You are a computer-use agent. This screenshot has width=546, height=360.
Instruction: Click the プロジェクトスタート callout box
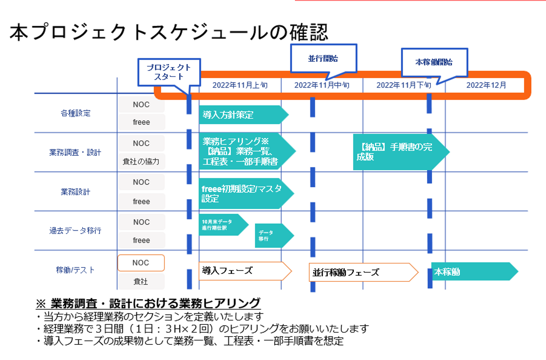[169, 72]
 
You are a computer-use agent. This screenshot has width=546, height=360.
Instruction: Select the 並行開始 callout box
[323, 58]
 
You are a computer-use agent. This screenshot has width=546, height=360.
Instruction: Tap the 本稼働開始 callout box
[434, 62]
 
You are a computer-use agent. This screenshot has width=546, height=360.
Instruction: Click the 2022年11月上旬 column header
[240, 85]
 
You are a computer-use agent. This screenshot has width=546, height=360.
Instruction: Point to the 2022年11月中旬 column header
[322, 85]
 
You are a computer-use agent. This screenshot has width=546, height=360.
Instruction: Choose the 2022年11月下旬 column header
[404, 85]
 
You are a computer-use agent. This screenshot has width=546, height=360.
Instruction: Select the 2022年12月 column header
[486, 85]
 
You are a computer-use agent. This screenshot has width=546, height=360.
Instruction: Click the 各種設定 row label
[75, 113]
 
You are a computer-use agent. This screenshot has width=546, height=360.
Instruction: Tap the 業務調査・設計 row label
[75, 152]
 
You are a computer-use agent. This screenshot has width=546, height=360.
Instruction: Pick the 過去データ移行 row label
[75, 231]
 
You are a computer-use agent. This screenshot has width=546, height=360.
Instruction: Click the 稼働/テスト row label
[75, 270]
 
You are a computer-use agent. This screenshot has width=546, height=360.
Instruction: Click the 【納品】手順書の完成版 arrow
[397, 152]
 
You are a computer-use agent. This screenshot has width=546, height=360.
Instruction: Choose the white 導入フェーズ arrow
[241, 271]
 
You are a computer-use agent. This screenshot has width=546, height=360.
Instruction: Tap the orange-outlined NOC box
[141, 263]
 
